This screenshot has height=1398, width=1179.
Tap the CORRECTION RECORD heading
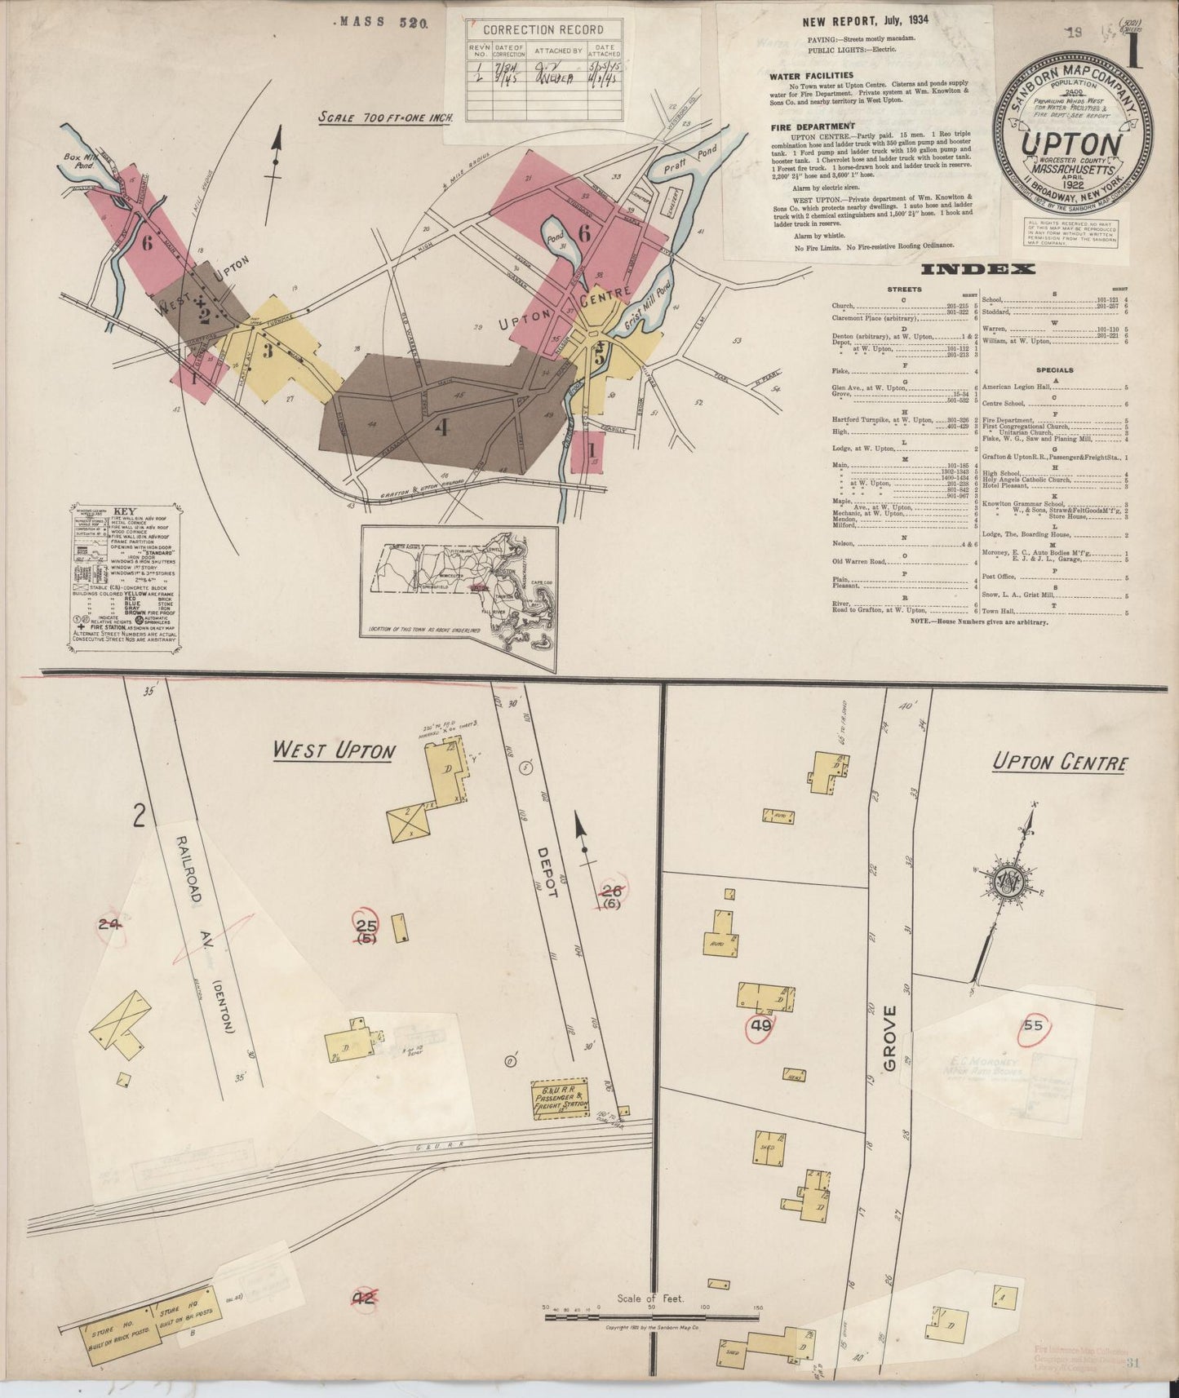pos(543,29)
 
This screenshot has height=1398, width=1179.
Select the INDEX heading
pos(977,269)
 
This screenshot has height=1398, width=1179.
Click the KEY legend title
pos(125,511)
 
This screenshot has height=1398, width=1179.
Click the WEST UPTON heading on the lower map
pos(334,750)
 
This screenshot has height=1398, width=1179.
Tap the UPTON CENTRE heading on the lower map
pos(1060,763)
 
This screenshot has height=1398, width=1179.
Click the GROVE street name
pos(889,1037)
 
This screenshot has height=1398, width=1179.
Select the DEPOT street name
pos(547,869)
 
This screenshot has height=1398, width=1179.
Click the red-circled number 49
pos(760,1026)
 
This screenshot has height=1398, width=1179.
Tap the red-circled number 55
pos(1033,1025)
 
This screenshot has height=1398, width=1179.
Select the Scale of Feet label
pos(650,1298)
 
